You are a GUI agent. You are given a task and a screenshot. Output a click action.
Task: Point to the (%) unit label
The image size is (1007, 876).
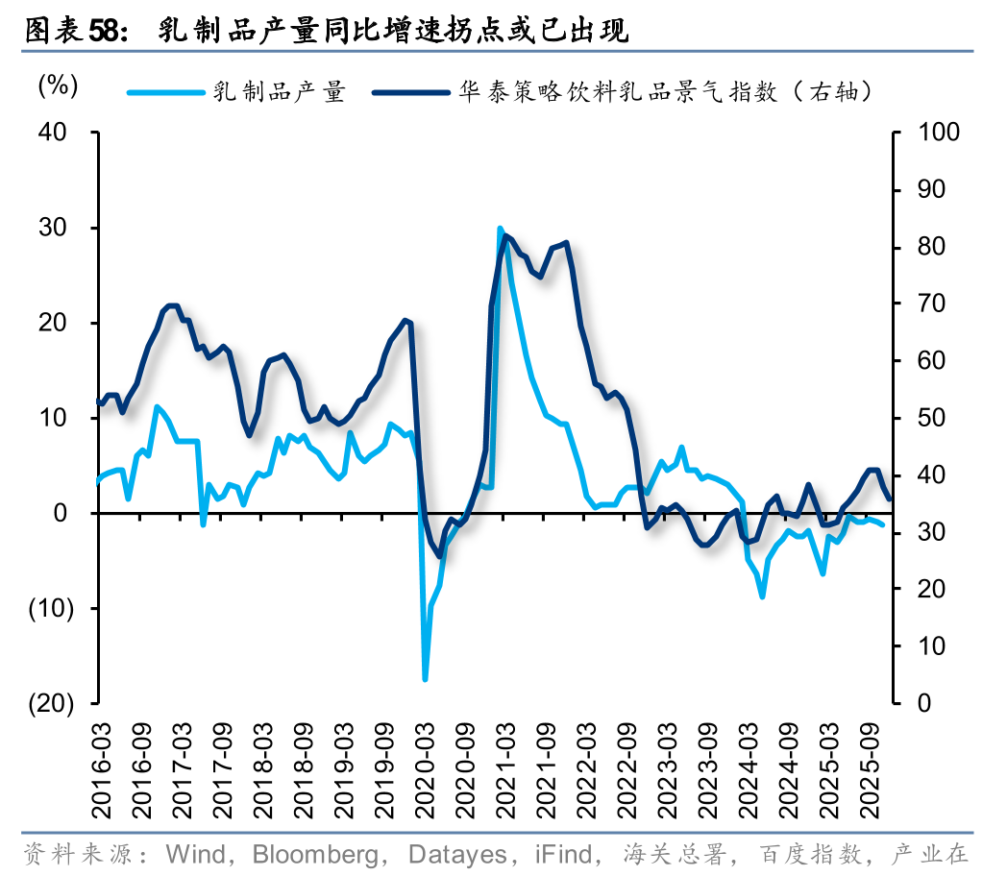tap(57, 85)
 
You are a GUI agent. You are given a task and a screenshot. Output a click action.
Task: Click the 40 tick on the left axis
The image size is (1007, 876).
tap(54, 133)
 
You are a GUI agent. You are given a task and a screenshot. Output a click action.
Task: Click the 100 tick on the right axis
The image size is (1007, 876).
tap(940, 133)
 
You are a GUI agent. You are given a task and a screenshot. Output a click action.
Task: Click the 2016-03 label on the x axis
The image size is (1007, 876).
tap(102, 760)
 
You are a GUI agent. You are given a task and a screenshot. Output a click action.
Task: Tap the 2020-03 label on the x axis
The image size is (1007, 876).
tap(423, 760)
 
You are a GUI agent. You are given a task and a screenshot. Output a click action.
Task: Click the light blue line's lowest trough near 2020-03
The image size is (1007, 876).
tap(425, 679)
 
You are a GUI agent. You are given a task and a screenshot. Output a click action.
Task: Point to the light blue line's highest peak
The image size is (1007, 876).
tap(500, 229)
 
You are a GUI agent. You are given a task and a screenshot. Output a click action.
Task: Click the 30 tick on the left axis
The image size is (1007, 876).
tap(54, 228)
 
